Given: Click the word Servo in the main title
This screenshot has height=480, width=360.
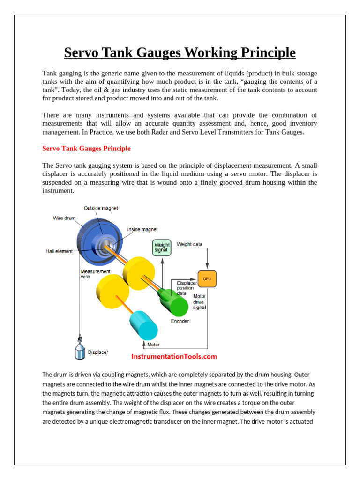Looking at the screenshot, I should [x=82, y=52].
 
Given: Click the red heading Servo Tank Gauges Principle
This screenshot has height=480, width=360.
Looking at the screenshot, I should [x=86, y=149].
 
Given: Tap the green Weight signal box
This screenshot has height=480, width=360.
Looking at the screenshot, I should [x=161, y=247].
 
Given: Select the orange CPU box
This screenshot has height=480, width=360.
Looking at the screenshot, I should [x=207, y=278].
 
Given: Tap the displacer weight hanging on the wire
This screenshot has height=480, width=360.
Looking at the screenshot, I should [x=80, y=349].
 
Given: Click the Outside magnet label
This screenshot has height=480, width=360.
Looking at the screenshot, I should [x=100, y=208].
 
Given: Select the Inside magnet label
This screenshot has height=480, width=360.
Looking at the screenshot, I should [x=142, y=229].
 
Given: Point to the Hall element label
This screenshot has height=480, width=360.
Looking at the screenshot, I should [x=59, y=251].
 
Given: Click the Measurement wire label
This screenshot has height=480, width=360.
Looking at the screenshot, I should [x=96, y=274].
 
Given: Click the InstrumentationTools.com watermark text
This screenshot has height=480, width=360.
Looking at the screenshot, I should [x=174, y=356].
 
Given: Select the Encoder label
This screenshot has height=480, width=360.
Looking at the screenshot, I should [x=180, y=322].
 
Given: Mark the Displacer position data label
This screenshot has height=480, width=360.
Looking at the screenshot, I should [x=187, y=288].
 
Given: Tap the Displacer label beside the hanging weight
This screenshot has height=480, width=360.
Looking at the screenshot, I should [x=98, y=352].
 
